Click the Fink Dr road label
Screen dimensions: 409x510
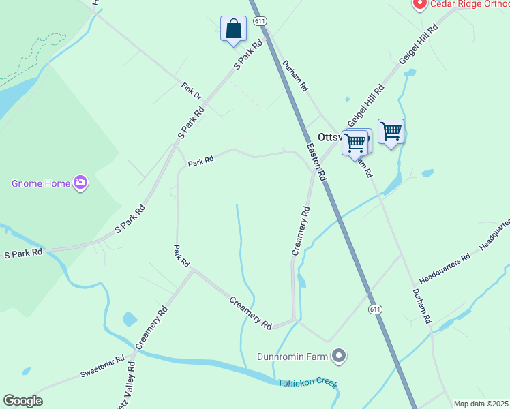192,91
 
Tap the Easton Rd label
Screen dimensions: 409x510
316,162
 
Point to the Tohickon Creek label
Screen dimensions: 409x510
307,383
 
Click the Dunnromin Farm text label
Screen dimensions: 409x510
292,356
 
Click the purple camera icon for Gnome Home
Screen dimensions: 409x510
81,182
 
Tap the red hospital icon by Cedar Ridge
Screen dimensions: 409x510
420,4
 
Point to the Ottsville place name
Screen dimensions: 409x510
331,136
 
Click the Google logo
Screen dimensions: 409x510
22,401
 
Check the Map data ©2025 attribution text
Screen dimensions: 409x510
481,404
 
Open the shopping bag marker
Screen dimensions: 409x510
233,29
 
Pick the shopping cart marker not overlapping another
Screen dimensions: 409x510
391,131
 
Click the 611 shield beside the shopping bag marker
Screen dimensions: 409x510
260,21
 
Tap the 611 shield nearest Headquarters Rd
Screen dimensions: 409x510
375,309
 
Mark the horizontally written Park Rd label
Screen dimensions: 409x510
201,161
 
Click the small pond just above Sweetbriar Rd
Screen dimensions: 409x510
130,318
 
